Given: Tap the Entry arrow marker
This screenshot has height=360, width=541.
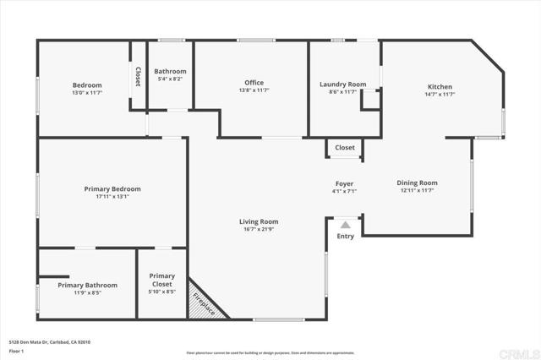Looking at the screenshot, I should (x=345, y=225).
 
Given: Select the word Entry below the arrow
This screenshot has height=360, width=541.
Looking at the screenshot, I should (x=345, y=237).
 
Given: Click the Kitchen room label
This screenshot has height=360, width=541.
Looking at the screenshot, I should (x=440, y=87).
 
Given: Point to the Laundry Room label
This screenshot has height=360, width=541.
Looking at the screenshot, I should (x=342, y=85).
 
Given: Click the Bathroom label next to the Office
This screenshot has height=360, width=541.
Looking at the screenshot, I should (x=170, y=72).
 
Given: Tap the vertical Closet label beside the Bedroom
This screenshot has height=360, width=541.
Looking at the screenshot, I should (x=137, y=77).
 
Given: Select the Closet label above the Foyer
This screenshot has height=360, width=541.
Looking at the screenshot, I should (x=345, y=148).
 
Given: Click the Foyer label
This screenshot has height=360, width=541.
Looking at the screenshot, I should (x=344, y=183).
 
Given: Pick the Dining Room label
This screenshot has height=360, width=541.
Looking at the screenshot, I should (x=418, y=183).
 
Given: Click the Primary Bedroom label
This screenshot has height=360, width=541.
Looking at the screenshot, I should (x=112, y=188).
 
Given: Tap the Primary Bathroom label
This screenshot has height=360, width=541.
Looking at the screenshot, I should (x=88, y=285).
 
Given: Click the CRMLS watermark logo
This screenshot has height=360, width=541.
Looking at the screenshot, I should (x=516, y=350).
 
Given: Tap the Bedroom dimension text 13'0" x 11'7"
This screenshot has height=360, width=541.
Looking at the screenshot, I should (x=87, y=93).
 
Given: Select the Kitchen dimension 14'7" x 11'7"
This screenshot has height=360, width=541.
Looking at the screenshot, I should (x=440, y=95).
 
